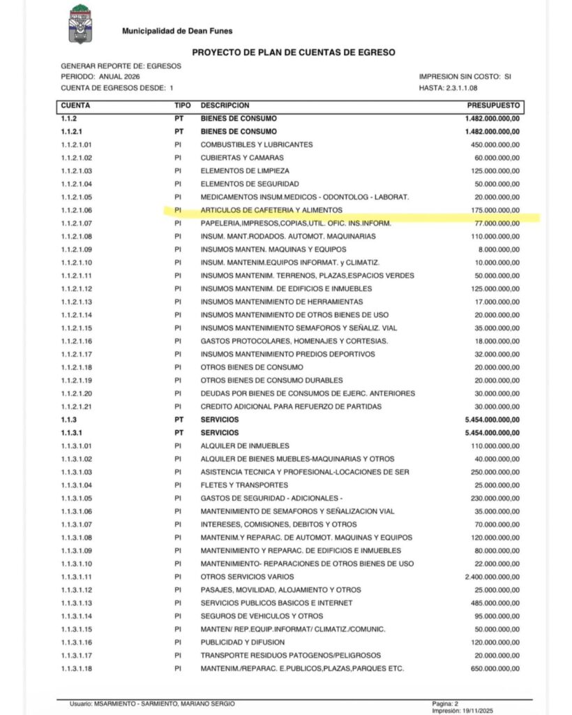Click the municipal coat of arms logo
[82, 24]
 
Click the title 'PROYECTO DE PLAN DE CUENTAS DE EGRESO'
[292, 52]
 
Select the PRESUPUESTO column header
[493, 105]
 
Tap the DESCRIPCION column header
[225, 105]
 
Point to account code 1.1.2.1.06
[77, 210]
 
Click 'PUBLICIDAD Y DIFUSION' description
[243, 642]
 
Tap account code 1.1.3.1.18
[77, 669]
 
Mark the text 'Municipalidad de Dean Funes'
[177, 31]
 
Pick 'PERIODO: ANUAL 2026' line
[105, 76]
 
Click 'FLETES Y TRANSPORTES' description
[244, 485]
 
